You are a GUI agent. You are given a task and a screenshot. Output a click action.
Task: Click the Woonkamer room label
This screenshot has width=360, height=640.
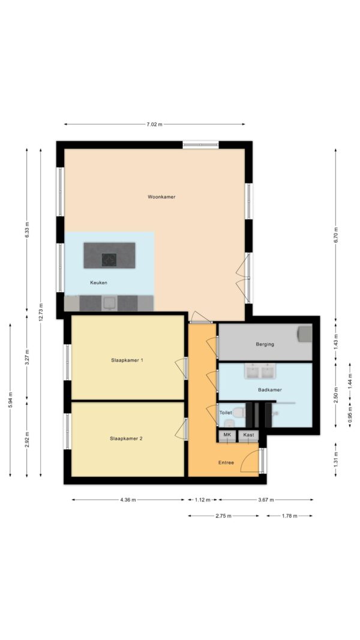tap(161, 197)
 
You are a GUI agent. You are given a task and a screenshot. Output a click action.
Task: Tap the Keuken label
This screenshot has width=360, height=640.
tap(98, 283)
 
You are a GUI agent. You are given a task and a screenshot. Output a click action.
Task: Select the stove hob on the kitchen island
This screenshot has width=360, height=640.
tap(109, 260)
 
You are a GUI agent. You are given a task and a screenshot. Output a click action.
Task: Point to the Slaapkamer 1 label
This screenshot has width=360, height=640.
tap(127, 360)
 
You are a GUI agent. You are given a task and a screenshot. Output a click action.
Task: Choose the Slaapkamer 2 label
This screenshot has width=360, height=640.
tap(126, 439)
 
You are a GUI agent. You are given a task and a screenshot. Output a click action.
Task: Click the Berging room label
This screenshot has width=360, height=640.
tap(265, 344)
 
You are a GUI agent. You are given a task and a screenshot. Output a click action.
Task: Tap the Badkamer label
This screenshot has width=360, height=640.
tap(270, 390)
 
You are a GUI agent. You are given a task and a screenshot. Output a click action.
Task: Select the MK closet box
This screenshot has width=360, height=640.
tap(227, 435)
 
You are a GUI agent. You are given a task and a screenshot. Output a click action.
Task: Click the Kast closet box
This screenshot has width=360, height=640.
tap(248, 435)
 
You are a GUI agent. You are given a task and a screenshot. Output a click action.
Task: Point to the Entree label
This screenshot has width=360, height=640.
tap(226, 462)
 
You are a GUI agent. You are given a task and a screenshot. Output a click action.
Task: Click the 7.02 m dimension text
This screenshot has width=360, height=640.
tap(154, 124)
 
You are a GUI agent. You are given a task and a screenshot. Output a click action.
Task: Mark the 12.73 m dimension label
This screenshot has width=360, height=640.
tap(40, 313)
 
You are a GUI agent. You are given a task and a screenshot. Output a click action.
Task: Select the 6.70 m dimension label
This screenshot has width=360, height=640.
tap(335, 235)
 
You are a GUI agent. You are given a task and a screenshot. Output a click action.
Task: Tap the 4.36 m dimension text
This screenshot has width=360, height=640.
tap(128, 500)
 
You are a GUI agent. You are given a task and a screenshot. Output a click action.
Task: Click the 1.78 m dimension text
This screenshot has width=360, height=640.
tap(290, 516)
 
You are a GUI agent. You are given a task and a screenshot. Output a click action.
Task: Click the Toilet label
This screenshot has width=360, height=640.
tap(226, 413)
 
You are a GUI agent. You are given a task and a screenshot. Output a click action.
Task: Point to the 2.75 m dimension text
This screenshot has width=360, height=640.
tap(223, 516)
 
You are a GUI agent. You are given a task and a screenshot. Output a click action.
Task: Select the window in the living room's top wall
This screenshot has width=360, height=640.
tap(200, 145)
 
